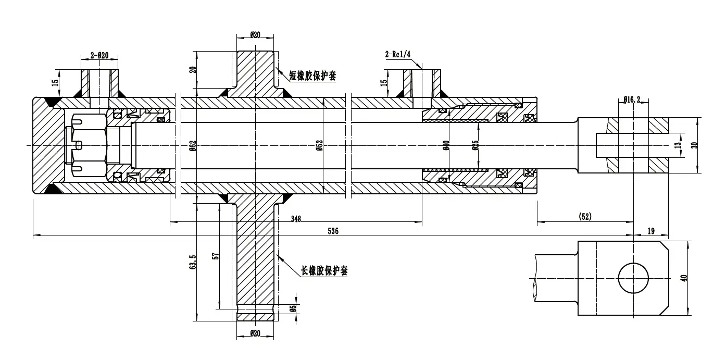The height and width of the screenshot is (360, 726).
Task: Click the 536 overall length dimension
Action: point(333,231)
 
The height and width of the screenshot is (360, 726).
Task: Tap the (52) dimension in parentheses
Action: point(585,216)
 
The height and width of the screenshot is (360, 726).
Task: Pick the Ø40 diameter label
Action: point(446,145)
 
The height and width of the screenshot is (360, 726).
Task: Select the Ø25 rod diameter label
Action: point(475,145)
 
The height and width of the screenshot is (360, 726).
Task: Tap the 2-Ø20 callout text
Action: point(99,55)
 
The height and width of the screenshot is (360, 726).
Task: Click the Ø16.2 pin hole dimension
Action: point(631,98)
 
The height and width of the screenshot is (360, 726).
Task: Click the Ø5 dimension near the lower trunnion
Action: point(293,308)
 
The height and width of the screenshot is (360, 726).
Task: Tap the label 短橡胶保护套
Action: point(312,76)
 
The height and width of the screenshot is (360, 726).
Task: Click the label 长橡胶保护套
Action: point(324,271)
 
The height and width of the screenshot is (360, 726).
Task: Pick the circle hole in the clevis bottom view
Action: point(633,279)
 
